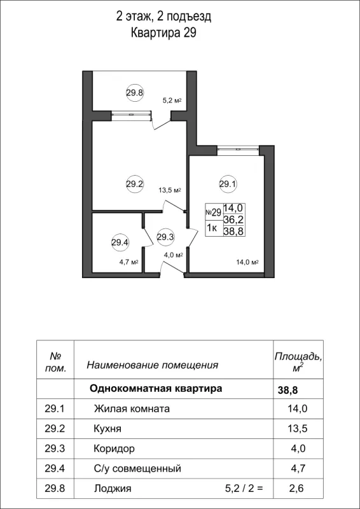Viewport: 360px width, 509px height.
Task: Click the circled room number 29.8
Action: point(134,92)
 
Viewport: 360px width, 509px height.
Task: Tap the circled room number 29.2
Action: point(134,185)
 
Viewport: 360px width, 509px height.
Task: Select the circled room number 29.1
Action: point(228,185)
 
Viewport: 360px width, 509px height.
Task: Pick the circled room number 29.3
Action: point(165,237)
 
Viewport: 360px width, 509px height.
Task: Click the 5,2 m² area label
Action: point(172,101)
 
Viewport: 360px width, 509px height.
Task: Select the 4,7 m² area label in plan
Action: point(129,261)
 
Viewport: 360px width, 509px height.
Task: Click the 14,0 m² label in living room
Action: point(247,261)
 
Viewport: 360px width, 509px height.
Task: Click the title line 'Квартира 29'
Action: point(163,33)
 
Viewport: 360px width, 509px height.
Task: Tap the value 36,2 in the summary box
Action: point(233,219)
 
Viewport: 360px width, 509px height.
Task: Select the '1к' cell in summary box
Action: point(213,230)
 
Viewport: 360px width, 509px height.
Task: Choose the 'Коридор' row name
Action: point(114,449)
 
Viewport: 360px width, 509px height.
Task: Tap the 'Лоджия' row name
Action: point(113,489)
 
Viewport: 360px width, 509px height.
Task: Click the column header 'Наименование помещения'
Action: point(152,365)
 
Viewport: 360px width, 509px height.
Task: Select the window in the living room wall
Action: point(238,150)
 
